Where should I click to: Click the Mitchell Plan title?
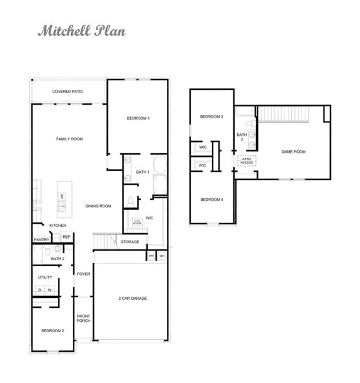pos(81,31)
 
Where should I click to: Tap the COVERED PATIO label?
pos(68,92)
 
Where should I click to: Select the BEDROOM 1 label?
pos(138,118)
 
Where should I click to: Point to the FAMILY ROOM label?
pos(69,139)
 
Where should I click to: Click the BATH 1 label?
pos(143,172)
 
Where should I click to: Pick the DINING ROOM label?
pos(98,206)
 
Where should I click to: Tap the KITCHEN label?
pos(58,226)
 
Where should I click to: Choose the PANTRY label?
pos(42,239)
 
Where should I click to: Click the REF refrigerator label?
pos(66,237)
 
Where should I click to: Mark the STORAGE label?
pos(129,242)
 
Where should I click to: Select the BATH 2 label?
pos(57,259)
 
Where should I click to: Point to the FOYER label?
pos(84,274)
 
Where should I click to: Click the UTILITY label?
pos(45,278)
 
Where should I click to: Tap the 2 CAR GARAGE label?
pos(132,298)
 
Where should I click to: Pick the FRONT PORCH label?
pos(84,318)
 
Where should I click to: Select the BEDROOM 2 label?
pos(53,331)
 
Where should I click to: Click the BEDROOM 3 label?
pos(211,116)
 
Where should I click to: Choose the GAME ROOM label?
pos(293,152)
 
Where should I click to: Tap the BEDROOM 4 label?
pos(212,199)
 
